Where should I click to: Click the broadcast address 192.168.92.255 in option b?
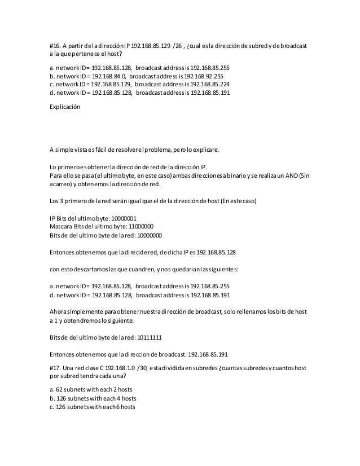200,75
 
